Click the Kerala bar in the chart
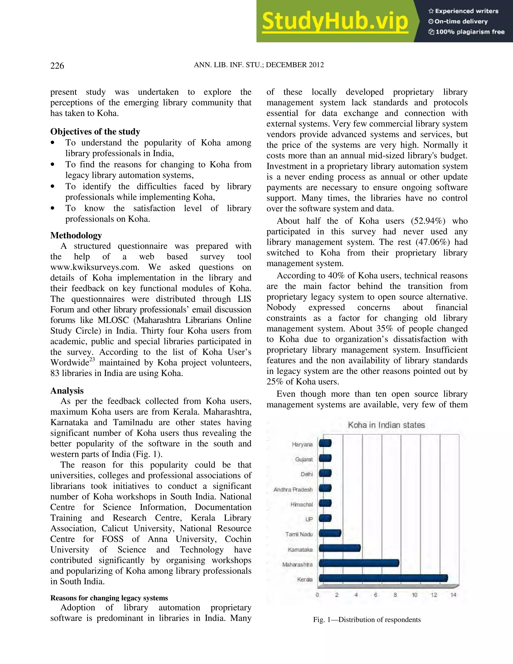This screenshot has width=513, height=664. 383,578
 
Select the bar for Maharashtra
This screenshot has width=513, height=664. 359,563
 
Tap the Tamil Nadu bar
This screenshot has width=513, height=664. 330,533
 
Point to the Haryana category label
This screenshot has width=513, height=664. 302,445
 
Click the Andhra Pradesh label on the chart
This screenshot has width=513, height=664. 293,490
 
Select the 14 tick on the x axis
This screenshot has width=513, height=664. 453,595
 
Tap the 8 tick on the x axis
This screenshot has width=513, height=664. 395,595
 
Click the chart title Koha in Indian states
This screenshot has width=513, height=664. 386,425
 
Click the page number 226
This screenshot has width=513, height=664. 57,66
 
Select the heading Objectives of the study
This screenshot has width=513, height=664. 95,132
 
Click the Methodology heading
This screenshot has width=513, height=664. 76,235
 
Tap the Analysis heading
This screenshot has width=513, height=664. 67,391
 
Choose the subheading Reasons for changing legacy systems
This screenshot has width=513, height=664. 109,598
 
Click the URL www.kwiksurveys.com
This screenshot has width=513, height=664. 94,267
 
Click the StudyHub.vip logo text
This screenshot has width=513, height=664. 335,21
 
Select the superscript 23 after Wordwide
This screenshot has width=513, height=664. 92,359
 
